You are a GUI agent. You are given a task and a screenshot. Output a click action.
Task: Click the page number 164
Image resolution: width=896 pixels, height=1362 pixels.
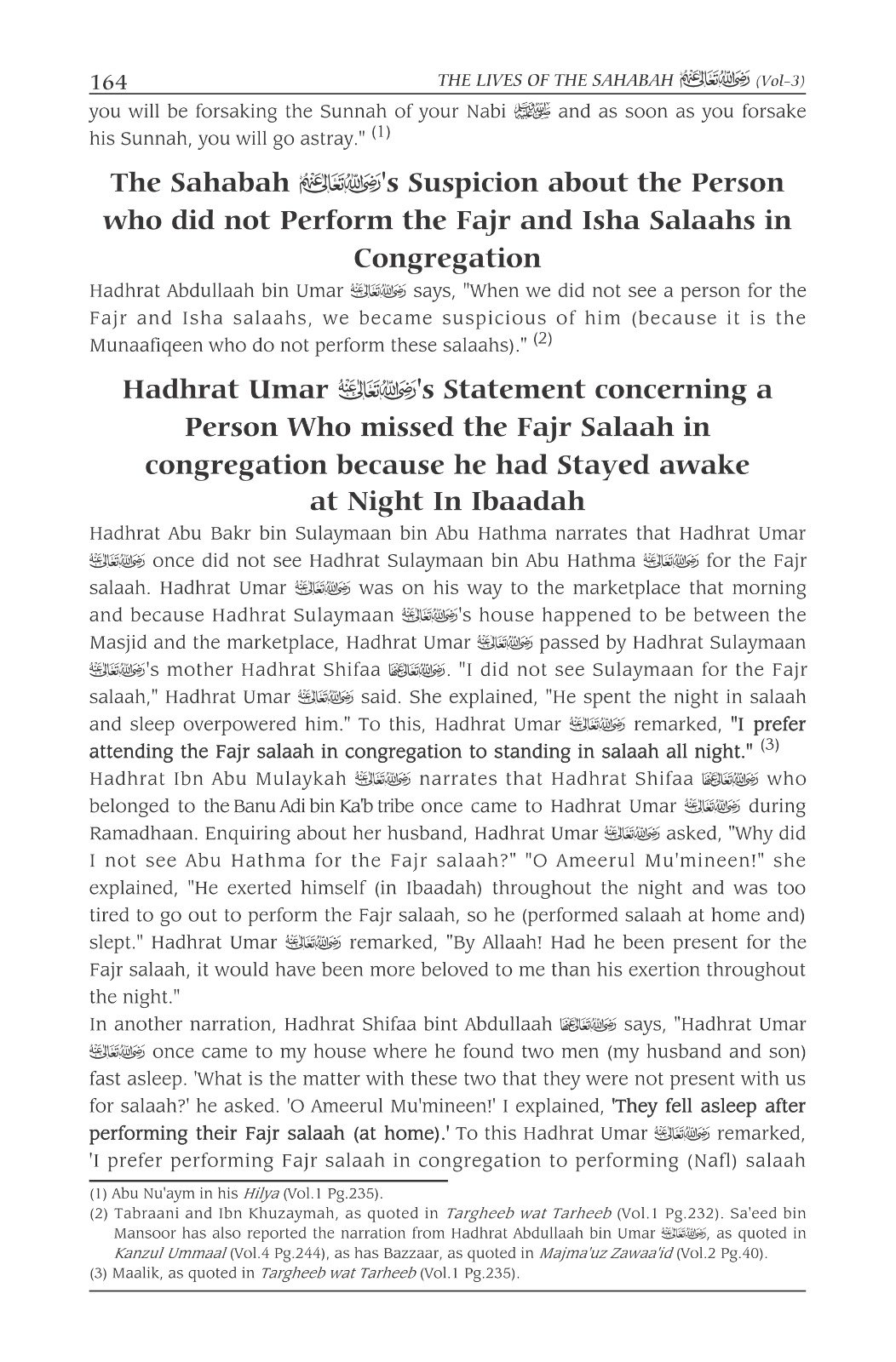tap(108, 83)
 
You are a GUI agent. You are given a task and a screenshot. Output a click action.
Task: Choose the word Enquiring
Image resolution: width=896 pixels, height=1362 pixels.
tap(261, 833)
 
